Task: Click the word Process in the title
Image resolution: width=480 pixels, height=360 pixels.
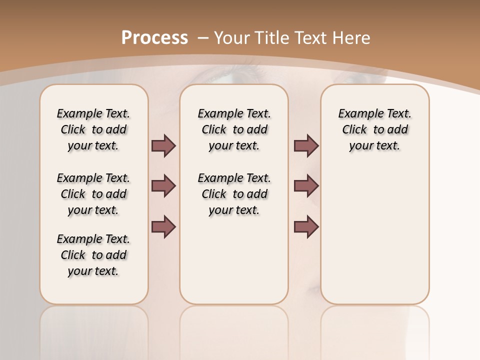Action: [x=154, y=38]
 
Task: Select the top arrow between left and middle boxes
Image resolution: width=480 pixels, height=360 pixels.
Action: [x=163, y=145]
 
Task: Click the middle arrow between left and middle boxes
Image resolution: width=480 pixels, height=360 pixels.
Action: [x=163, y=186]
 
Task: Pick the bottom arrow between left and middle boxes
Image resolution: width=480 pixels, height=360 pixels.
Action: [x=163, y=226]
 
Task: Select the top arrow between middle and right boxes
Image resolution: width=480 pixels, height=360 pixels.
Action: [x=306, y=145]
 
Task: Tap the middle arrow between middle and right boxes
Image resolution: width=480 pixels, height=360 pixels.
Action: [x=306, y=186]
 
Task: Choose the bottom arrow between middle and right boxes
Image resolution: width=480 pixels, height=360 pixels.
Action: [x=306, y=226]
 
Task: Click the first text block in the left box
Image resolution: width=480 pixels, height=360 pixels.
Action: [x=93, y=129]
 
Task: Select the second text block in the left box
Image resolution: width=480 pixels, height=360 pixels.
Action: [x=93, y=194]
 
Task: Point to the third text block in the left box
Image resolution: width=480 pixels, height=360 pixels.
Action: [x=93, y=255]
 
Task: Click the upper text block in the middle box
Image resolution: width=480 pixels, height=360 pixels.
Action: [x=234, y=129]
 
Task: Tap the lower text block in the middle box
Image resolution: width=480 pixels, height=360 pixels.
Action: [x=234, y=194]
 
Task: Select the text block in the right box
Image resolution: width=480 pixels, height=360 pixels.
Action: [x=374, y=129]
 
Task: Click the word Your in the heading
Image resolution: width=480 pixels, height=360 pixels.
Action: [x=233, y=38]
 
